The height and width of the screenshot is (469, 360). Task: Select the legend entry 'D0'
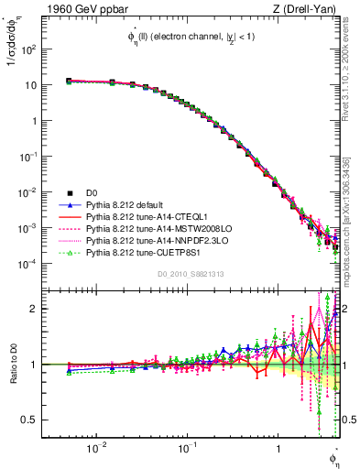pyautogui.click(x=93, y=193)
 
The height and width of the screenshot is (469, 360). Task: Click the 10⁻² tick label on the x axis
pyautogui.click(x=95, y=449)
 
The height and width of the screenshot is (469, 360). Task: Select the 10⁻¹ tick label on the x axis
pyautogui.click(x=186, y=449)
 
